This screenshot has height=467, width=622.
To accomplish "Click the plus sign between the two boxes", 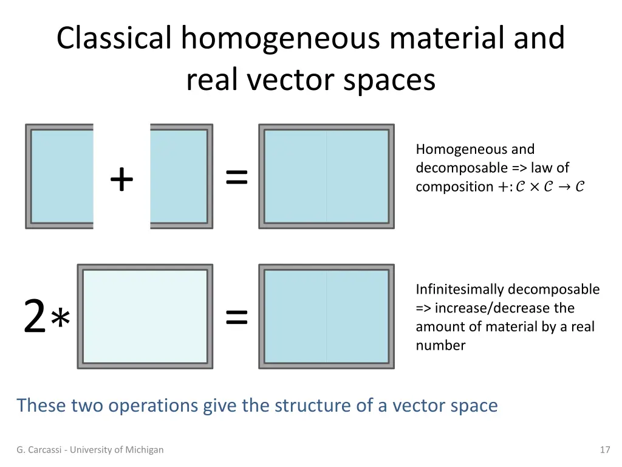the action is click(x=121, y=179).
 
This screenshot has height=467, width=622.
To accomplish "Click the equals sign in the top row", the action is click(x=237, y=178).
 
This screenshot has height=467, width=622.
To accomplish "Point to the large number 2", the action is click(x=35, y=317).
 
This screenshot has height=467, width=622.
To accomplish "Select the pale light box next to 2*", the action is click(x=145, y=316).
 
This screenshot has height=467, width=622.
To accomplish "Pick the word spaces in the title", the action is click(x=389, y=80).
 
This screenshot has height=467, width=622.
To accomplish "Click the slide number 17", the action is click(x=604, y=450).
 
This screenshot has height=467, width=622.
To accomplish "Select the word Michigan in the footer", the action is click(x=144, y=450).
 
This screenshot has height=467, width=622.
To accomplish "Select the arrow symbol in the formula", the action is click(x=562, y=187).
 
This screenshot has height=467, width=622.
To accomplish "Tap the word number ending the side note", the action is click(x=440, y=345).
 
